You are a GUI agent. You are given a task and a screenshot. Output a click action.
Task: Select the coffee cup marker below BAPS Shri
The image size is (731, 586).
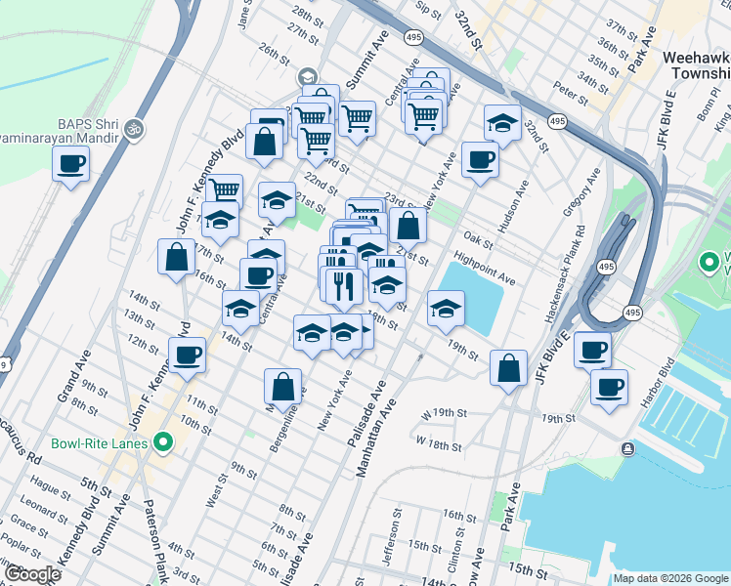[x=70, y=163]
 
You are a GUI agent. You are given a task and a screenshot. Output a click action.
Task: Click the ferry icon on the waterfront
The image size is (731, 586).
[x=626, y=448]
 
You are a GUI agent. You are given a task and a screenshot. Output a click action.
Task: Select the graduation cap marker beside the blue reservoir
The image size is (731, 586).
[x=447, y=309]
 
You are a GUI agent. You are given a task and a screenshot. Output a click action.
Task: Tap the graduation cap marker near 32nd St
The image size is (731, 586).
[x=501, y=122]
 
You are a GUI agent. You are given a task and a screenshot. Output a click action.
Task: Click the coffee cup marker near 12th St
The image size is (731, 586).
[x=187, y=355]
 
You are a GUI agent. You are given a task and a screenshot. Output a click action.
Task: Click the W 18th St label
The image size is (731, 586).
[x=437, y=443]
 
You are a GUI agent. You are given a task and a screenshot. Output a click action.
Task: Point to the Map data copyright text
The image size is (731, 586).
[x=669, y=578]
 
